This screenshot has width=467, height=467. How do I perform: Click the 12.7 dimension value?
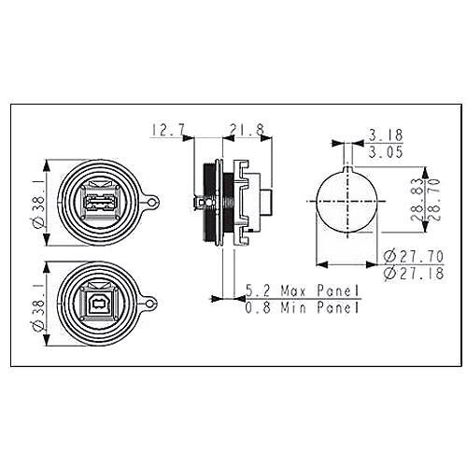tap(169, 130)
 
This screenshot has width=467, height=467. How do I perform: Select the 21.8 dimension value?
tap(247, 130)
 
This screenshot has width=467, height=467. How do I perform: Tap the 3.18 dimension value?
tap(386, 135)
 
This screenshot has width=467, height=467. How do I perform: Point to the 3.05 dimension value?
tap(386, 152)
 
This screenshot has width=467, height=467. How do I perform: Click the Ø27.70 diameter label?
tap(413, 257)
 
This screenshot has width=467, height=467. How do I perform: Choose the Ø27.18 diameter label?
tap(413, 274)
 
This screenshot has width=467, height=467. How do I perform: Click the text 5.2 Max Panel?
tap(303, 290)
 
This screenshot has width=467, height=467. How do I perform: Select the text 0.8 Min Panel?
tap(303, 308)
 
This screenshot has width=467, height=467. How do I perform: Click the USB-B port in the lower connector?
tap(98, 304)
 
